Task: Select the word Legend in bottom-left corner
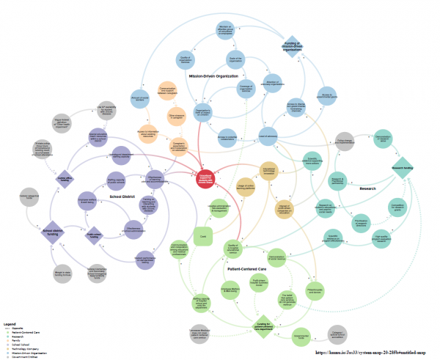[x=10, y=323]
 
